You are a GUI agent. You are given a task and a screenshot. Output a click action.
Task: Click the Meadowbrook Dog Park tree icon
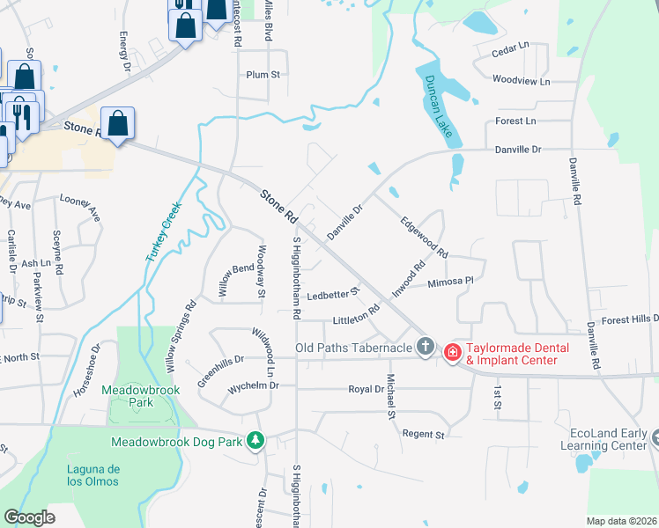coord(255,439)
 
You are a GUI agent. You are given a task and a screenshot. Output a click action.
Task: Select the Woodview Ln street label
coord(521,80)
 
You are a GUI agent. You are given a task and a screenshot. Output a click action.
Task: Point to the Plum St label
coord(263,75)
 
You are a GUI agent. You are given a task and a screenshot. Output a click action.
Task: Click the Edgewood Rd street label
coord(425,238)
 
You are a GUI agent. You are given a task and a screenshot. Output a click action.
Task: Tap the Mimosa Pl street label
coord(450,283)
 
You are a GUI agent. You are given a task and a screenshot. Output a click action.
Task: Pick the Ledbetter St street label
coord(334,292)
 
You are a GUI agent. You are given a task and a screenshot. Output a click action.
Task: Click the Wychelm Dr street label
coord(253,385)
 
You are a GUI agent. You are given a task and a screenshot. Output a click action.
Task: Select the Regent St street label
coord(424,434)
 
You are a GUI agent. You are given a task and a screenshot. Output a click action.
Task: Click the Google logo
coord(29,517)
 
